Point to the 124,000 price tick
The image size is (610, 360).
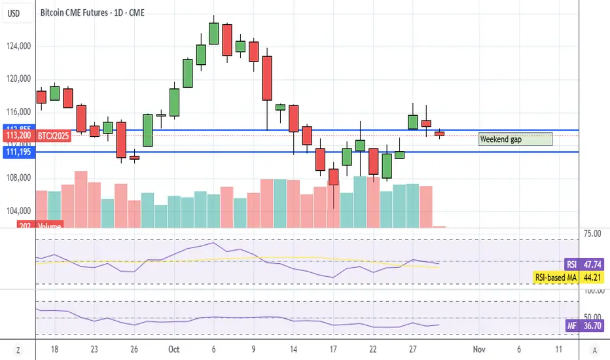tap(17, 46)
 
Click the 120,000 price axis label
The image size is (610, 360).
tap(17, 79)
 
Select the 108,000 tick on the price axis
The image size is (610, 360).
tap(17, 178)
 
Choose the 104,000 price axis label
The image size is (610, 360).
tap(17, 211)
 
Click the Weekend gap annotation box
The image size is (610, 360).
tap(515, 139)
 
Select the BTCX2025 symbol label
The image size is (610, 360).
tap(50, 135)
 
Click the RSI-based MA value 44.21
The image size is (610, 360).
tap(593, 278)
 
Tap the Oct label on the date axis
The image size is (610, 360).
tap(173, 350)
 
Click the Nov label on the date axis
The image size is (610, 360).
tap(478, 350)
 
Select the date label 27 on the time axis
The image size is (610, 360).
tap(412, 350)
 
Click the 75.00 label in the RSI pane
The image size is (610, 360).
tap(593, 232)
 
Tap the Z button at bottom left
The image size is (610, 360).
tap(18, 350)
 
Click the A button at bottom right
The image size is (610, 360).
tap(593, 350)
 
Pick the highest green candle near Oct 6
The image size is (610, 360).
tap(213, 33)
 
